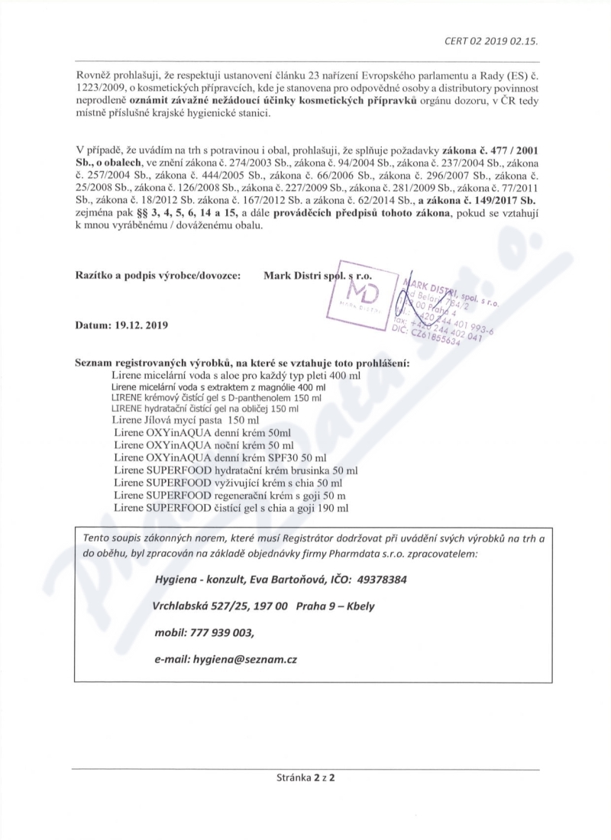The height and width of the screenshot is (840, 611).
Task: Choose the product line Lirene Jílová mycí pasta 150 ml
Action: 186,420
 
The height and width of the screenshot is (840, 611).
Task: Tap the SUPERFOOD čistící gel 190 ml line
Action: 231,506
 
